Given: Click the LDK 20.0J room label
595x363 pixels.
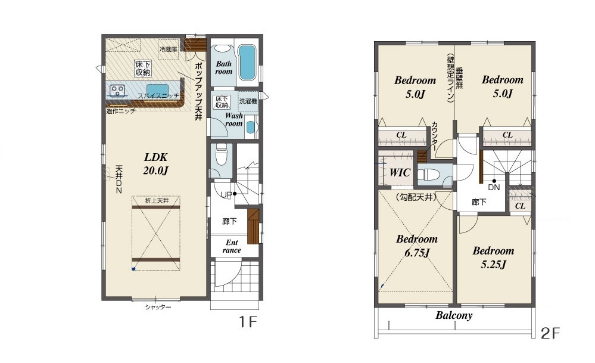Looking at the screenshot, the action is [155, 164].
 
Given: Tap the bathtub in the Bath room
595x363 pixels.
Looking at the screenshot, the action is [247, 63].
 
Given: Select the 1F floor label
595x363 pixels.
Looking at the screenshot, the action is [248, 322].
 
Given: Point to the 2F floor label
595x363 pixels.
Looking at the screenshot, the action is [550, 333].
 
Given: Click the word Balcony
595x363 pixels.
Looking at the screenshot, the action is [454, 315].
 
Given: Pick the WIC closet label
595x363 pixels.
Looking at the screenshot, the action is [400, 172].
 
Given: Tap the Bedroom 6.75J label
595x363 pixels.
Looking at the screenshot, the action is [417, 246].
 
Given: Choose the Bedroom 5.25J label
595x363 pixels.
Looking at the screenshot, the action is [493, 257].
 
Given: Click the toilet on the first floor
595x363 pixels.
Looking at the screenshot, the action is [220, 156].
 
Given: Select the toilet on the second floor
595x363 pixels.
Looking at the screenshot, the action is [428, 175].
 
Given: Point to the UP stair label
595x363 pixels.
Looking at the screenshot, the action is [226, 195].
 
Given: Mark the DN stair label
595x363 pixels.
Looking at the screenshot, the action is [494, 188].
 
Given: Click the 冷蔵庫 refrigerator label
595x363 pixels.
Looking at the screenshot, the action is [168, 49].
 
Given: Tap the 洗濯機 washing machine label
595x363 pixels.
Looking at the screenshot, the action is [248, 101].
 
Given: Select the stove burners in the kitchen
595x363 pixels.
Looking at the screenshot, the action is [117, 91].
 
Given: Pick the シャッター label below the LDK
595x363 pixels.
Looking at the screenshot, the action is [158, 307].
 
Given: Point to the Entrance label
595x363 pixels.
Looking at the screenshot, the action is [232, 246].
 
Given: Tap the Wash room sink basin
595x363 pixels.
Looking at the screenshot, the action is [251, 127].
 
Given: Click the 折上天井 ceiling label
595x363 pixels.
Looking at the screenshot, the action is [157, 200].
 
